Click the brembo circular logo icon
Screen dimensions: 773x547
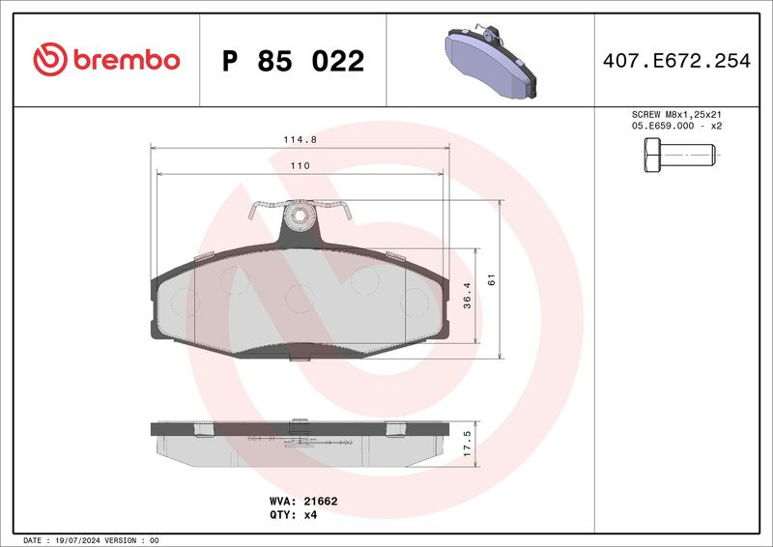tap(50, 59)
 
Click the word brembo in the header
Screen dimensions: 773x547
tap(127, 60)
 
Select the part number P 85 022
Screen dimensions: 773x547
tap(294, 61)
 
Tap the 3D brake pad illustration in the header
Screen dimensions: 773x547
tap(491, 60)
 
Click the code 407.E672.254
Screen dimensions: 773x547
tap(676, 61)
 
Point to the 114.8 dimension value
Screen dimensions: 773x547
tap(300, 139)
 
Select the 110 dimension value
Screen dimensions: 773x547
tap(300, 165)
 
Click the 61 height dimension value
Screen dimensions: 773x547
tap(491, 279)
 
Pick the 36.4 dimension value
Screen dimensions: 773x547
tap(468, 296)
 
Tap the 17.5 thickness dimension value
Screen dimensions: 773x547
tap(468, 444)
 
